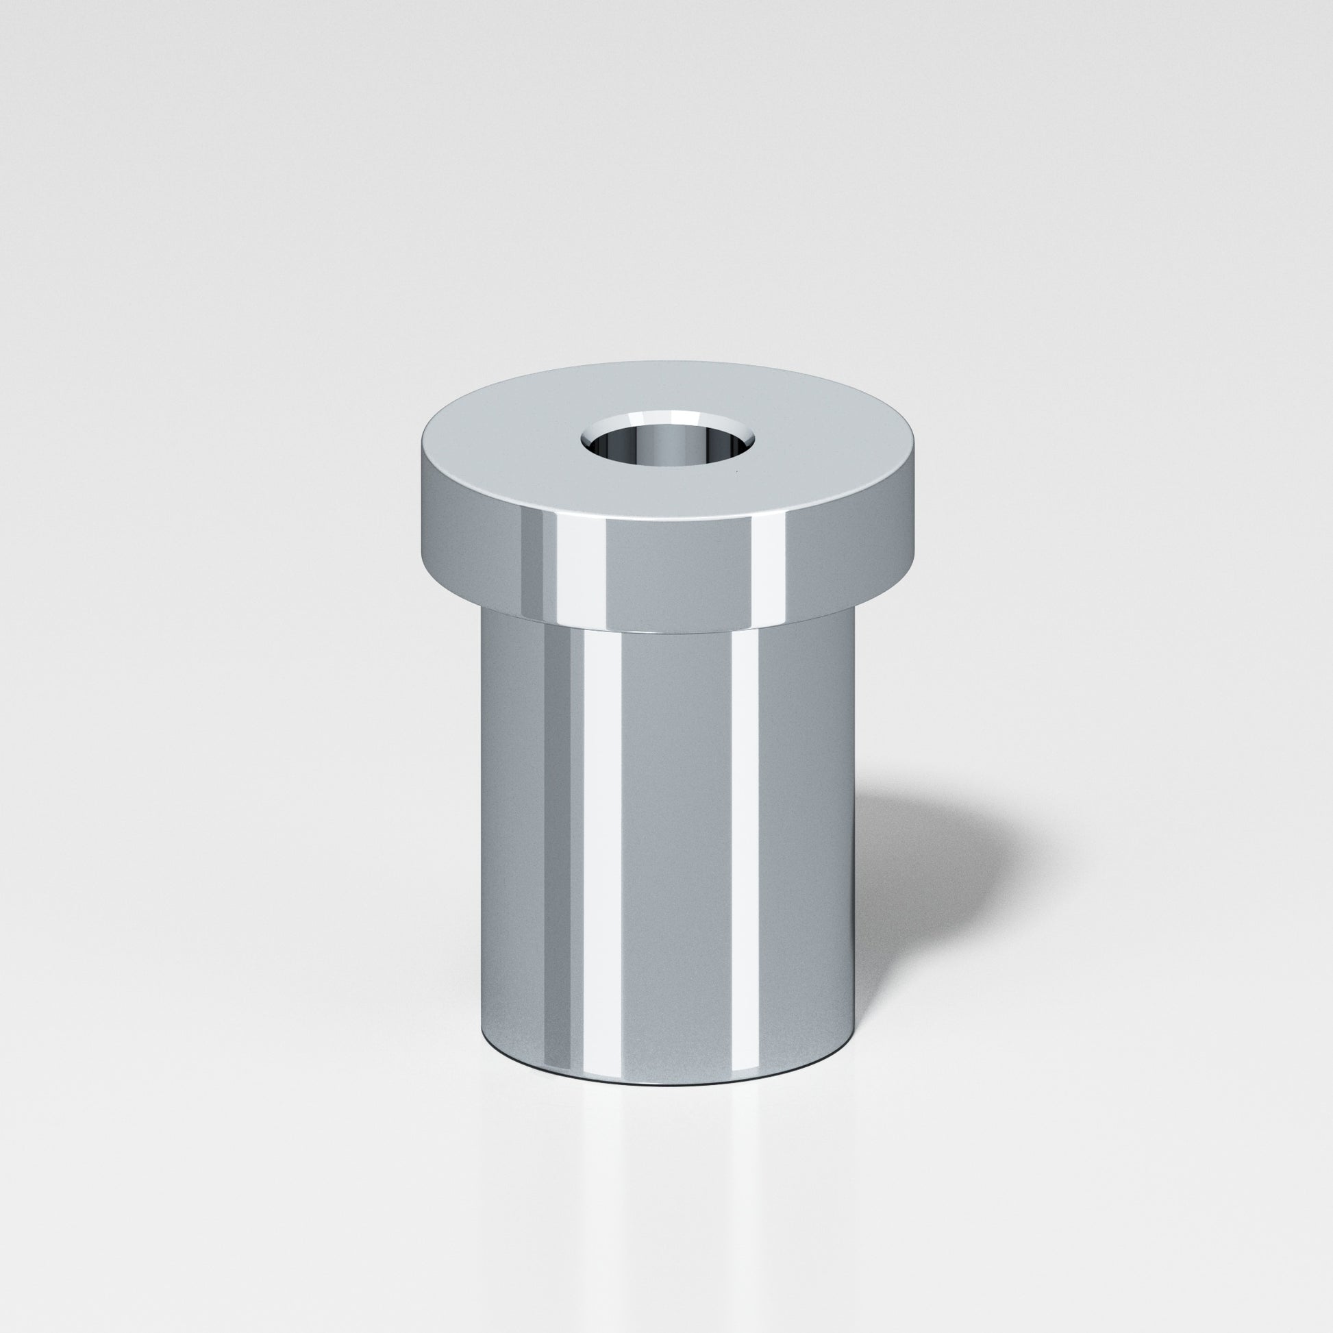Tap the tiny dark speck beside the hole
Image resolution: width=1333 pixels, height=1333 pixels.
738,473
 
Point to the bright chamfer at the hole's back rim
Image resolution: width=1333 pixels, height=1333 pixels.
666,418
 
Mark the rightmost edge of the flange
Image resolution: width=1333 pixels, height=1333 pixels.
914,525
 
